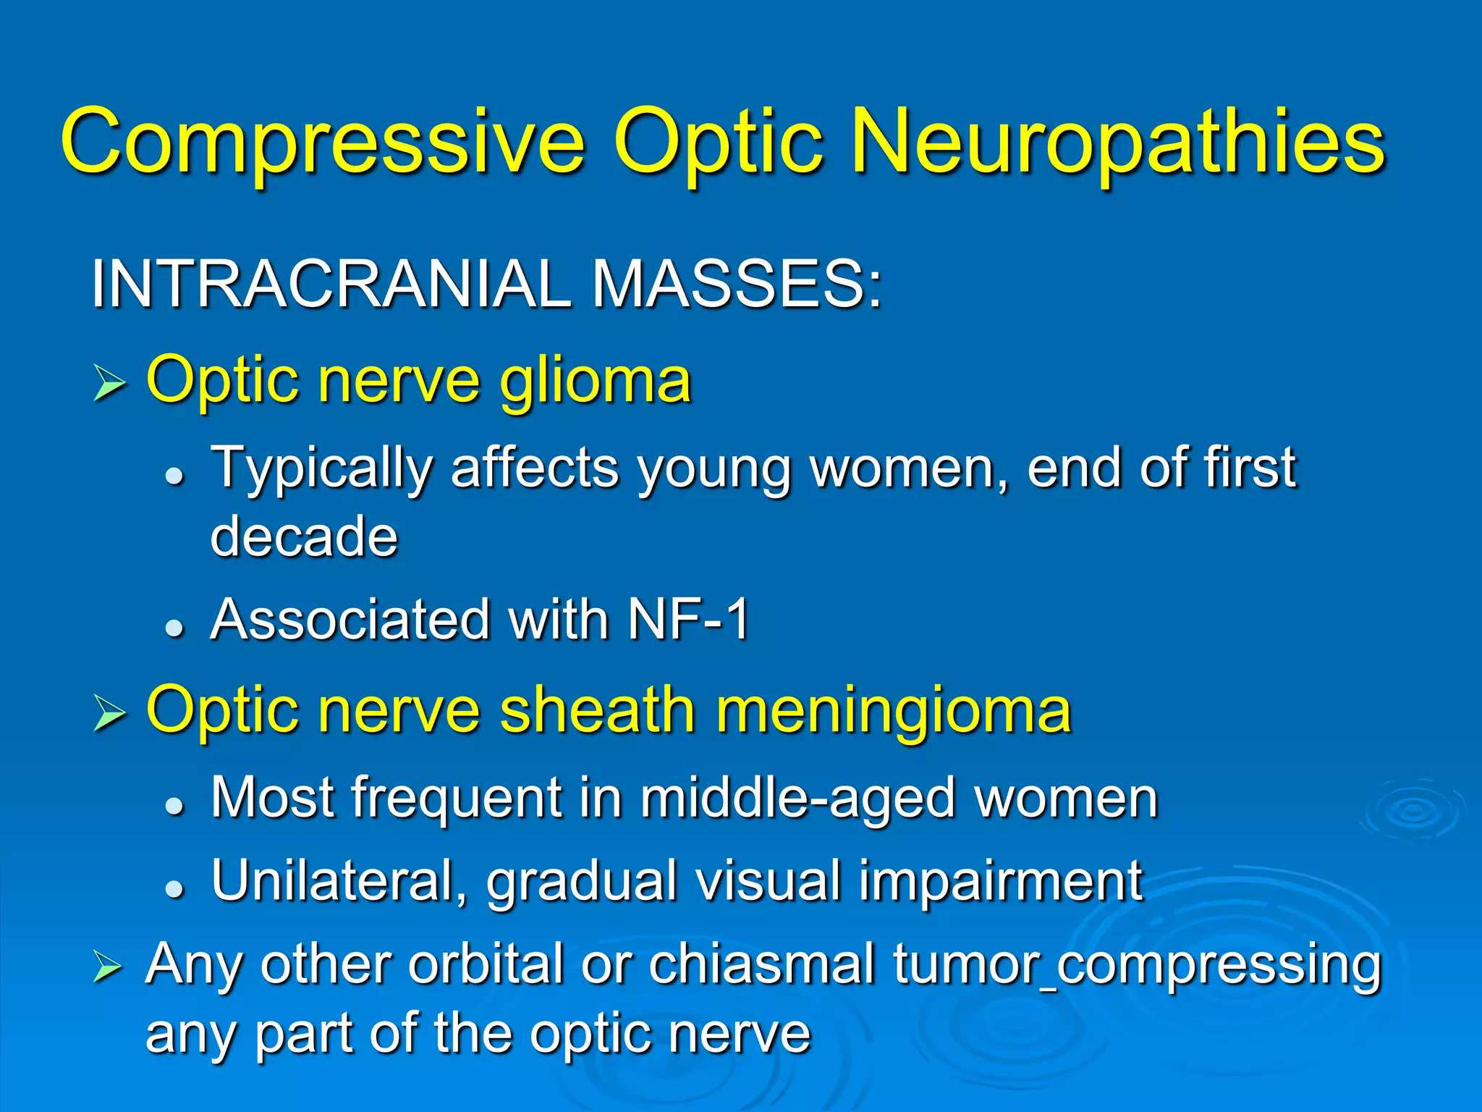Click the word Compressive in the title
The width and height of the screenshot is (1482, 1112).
click(x=322, y=141)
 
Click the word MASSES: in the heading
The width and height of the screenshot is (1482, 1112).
click(x=737, y=284)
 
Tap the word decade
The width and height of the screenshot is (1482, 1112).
click(x=304, y=536)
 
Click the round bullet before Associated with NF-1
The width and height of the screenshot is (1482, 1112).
click(x=174, y=627)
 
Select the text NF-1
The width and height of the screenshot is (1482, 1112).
click(x=688, y=620)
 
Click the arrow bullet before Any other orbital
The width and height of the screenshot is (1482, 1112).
click(x=108, y=968)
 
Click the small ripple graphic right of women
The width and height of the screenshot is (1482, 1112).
click(x=1412, y=811)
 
